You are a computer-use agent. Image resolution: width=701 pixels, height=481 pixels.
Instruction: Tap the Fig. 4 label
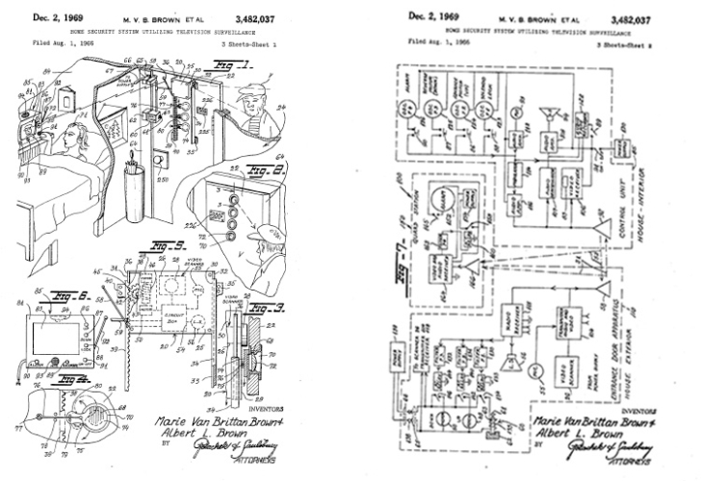tap(58, 383)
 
